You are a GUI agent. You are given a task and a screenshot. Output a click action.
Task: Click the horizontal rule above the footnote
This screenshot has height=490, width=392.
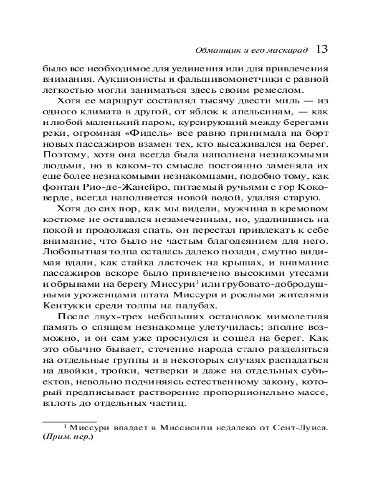69,420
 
